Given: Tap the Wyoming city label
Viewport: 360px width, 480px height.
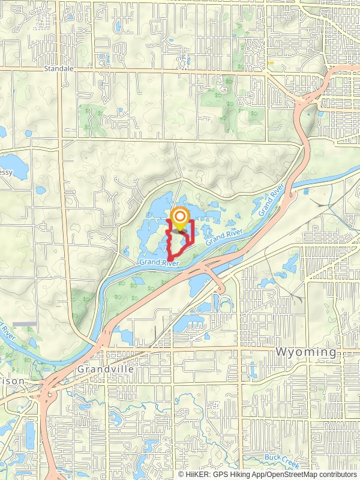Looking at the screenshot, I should point(307,351).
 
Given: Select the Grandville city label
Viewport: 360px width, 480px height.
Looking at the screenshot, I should point(105,370).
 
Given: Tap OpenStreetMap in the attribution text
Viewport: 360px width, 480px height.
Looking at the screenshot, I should point(287,474).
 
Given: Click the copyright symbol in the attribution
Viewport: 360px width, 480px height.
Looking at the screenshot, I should point(182,474).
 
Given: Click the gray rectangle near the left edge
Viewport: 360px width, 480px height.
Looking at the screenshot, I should point(24,324).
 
